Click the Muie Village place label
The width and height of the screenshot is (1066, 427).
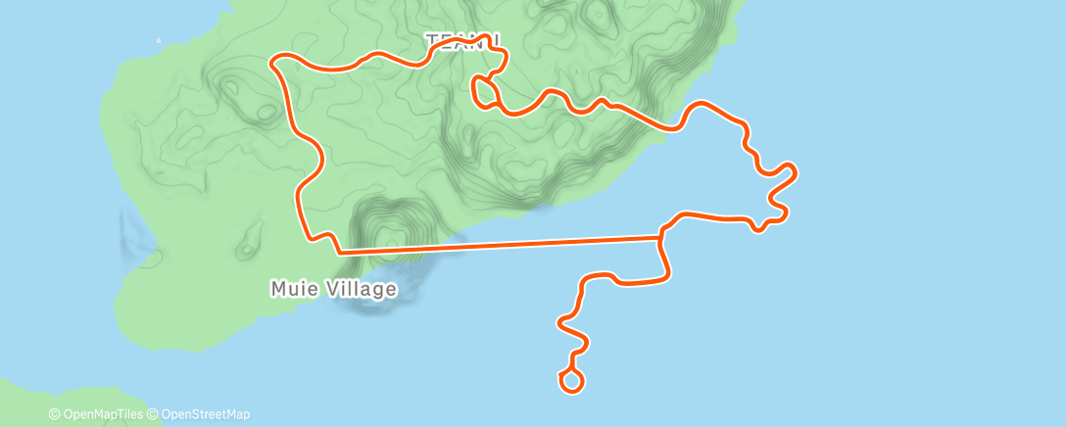pos(334,289)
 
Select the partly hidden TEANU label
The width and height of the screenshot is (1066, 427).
pos(462,40)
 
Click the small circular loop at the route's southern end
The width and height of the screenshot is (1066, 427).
pos(572,380)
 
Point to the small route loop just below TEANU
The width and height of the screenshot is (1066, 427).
pos(482,91)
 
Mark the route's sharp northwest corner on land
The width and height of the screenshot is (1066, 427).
pos(273,61)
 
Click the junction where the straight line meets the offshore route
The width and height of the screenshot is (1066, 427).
pos(661,235)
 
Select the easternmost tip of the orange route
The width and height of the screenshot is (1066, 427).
pos(796,172)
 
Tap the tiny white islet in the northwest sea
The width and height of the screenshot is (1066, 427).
pos(159,41)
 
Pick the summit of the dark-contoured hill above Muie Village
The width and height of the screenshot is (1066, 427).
pos(391,234)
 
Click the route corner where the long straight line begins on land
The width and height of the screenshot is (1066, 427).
pos(338,252)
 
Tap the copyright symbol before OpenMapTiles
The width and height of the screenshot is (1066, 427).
pos(54,414)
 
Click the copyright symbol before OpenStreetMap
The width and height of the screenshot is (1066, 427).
pos(153,414)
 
